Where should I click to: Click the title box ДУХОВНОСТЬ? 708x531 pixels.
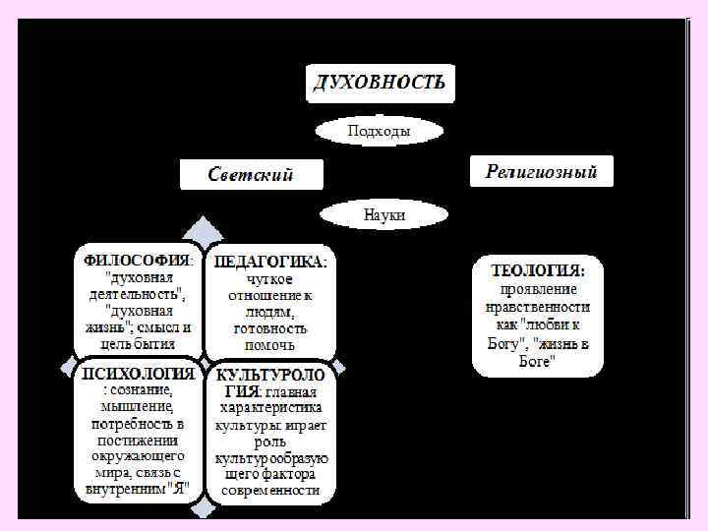[x=380, y=83]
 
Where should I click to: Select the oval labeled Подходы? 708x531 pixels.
[x=380, y=131]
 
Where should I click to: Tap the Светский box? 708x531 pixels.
[x=251, y=175]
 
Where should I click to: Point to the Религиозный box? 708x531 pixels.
[x=541, y=172]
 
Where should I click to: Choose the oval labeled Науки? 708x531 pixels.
[x=384, y=213]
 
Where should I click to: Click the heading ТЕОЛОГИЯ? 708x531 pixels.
[x=538, y=269]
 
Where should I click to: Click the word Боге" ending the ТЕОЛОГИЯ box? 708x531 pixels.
[x=538, y=362]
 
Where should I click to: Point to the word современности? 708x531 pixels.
[x=271, y=490]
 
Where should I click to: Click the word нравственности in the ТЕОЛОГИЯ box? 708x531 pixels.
[x=538, y=307]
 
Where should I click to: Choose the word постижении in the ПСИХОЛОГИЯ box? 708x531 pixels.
[x=137, y=441]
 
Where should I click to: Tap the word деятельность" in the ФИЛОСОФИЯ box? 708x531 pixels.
[x=135, y=294]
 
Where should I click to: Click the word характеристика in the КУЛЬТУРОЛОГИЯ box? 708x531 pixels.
[x=271, y=407]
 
